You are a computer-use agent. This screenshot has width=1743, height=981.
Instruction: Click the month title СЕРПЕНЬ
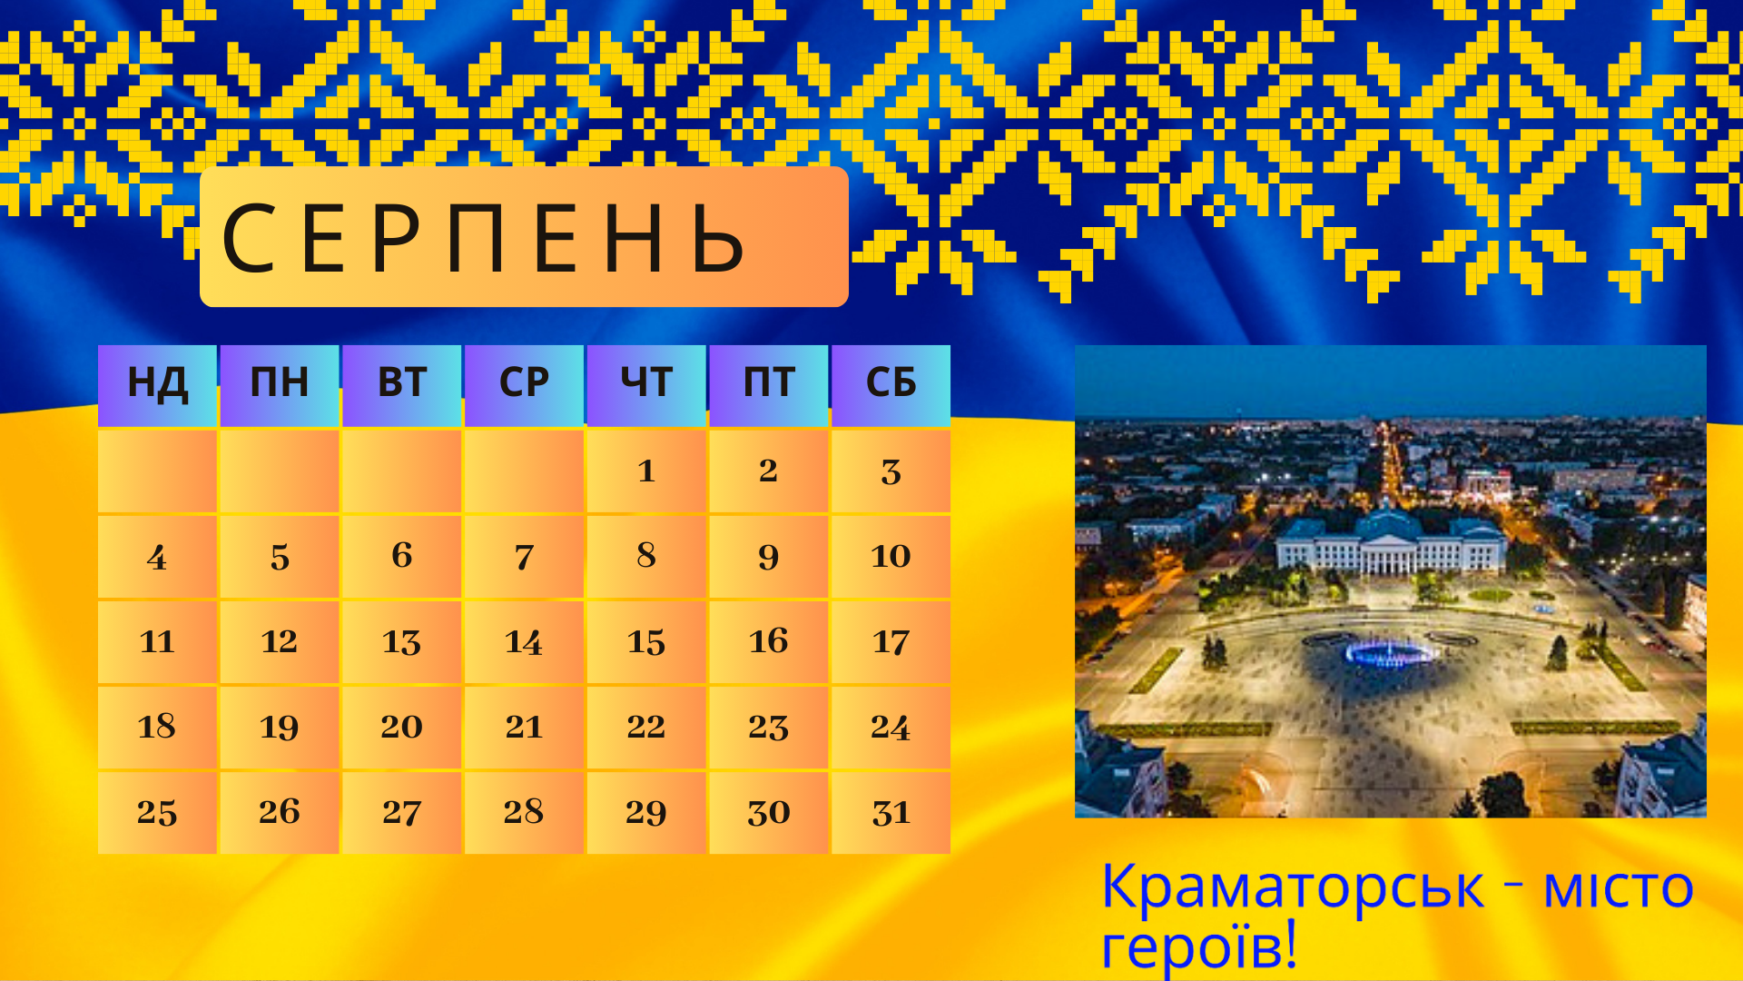(485, 238)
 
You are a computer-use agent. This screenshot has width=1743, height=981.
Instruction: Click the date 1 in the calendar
(646, 471)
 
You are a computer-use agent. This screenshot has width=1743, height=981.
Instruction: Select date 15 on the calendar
(646, 641)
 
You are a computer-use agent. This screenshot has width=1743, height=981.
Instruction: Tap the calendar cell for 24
(891, 727)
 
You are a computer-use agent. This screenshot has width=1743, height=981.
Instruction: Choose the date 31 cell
(891, 812)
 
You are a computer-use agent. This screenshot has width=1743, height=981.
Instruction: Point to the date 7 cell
(524, 556)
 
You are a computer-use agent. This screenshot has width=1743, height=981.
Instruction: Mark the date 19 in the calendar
(280, 727)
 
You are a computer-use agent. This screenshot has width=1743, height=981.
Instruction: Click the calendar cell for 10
(891, 556)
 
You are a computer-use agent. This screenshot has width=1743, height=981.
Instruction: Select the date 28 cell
(524, 812)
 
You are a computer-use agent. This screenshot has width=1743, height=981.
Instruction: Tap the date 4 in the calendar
(157, 556)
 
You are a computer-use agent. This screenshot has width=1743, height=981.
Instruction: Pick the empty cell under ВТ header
(401, 471)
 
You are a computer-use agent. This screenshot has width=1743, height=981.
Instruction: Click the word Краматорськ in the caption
(1293, 887)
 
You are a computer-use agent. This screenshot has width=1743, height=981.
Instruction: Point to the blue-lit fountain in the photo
(1391, 651)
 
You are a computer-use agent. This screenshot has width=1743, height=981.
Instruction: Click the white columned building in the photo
(1390, 543)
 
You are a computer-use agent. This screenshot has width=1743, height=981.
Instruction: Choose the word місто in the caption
(1619, 887)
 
